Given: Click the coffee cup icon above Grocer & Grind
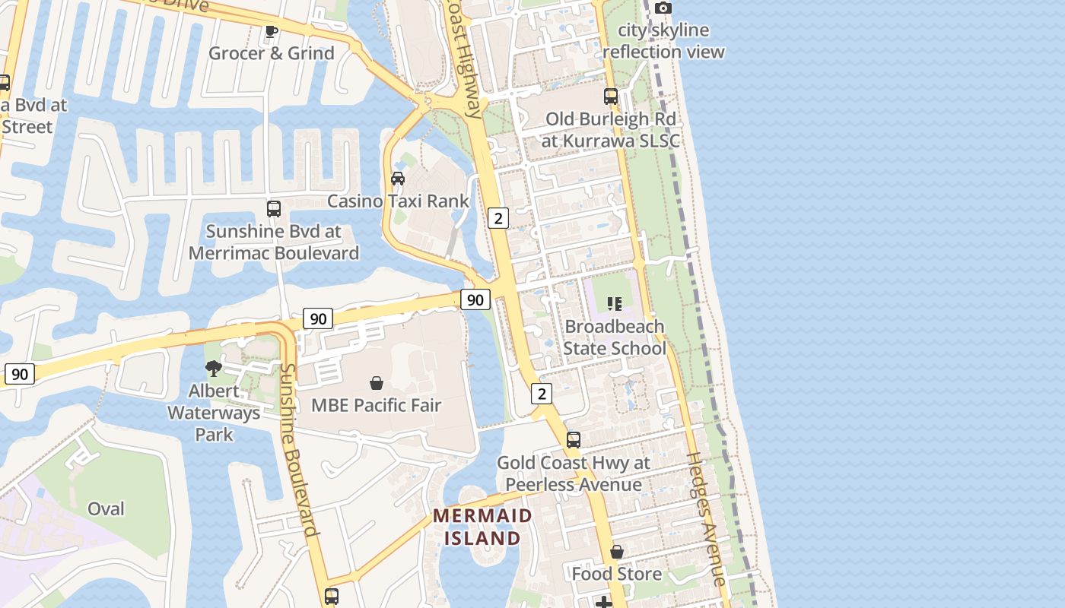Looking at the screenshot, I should pyautogui.click(x=271, y=32).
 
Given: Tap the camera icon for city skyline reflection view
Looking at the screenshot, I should pyautogui.click(x=663, y=8).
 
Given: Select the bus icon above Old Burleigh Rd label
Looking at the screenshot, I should pyautogui.click(x=611, y=97).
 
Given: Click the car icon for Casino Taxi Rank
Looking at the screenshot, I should pyautogui.click(x=397, y=179).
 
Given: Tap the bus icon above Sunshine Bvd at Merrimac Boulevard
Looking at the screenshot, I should pyautogui.click(x=274, y=208).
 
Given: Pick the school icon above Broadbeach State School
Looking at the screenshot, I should pyautogui.click(x=615, y=304).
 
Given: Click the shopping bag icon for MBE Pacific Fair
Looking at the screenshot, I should pyautogui.click(x=376, y=383).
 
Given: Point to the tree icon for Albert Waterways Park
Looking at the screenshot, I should pyautogui.click(x=214, y=369).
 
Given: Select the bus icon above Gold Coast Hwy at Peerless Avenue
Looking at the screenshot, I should pyautogui.click(x=574, y=440).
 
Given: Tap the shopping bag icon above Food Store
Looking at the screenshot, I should pyautogui.click(x=617, y=551).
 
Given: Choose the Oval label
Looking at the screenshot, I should pyautogui.click(x=106, y=508).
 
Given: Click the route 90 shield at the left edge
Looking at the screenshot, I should pyautogui.click(x=20, y=374).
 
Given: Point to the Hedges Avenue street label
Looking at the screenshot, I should pyautogui.click(x=707, y=519).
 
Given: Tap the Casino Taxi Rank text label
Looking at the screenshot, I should pyautogui.click(x=398, y=201).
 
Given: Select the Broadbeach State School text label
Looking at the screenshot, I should pyautogui.click(x=615, y=337).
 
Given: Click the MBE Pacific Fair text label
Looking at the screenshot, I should pyautogui.click(x=376, y=405).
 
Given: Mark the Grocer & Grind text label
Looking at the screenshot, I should pyautogui.click(x=272, y=53).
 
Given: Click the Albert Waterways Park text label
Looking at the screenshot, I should pyautogui.click(x=214, y=413).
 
